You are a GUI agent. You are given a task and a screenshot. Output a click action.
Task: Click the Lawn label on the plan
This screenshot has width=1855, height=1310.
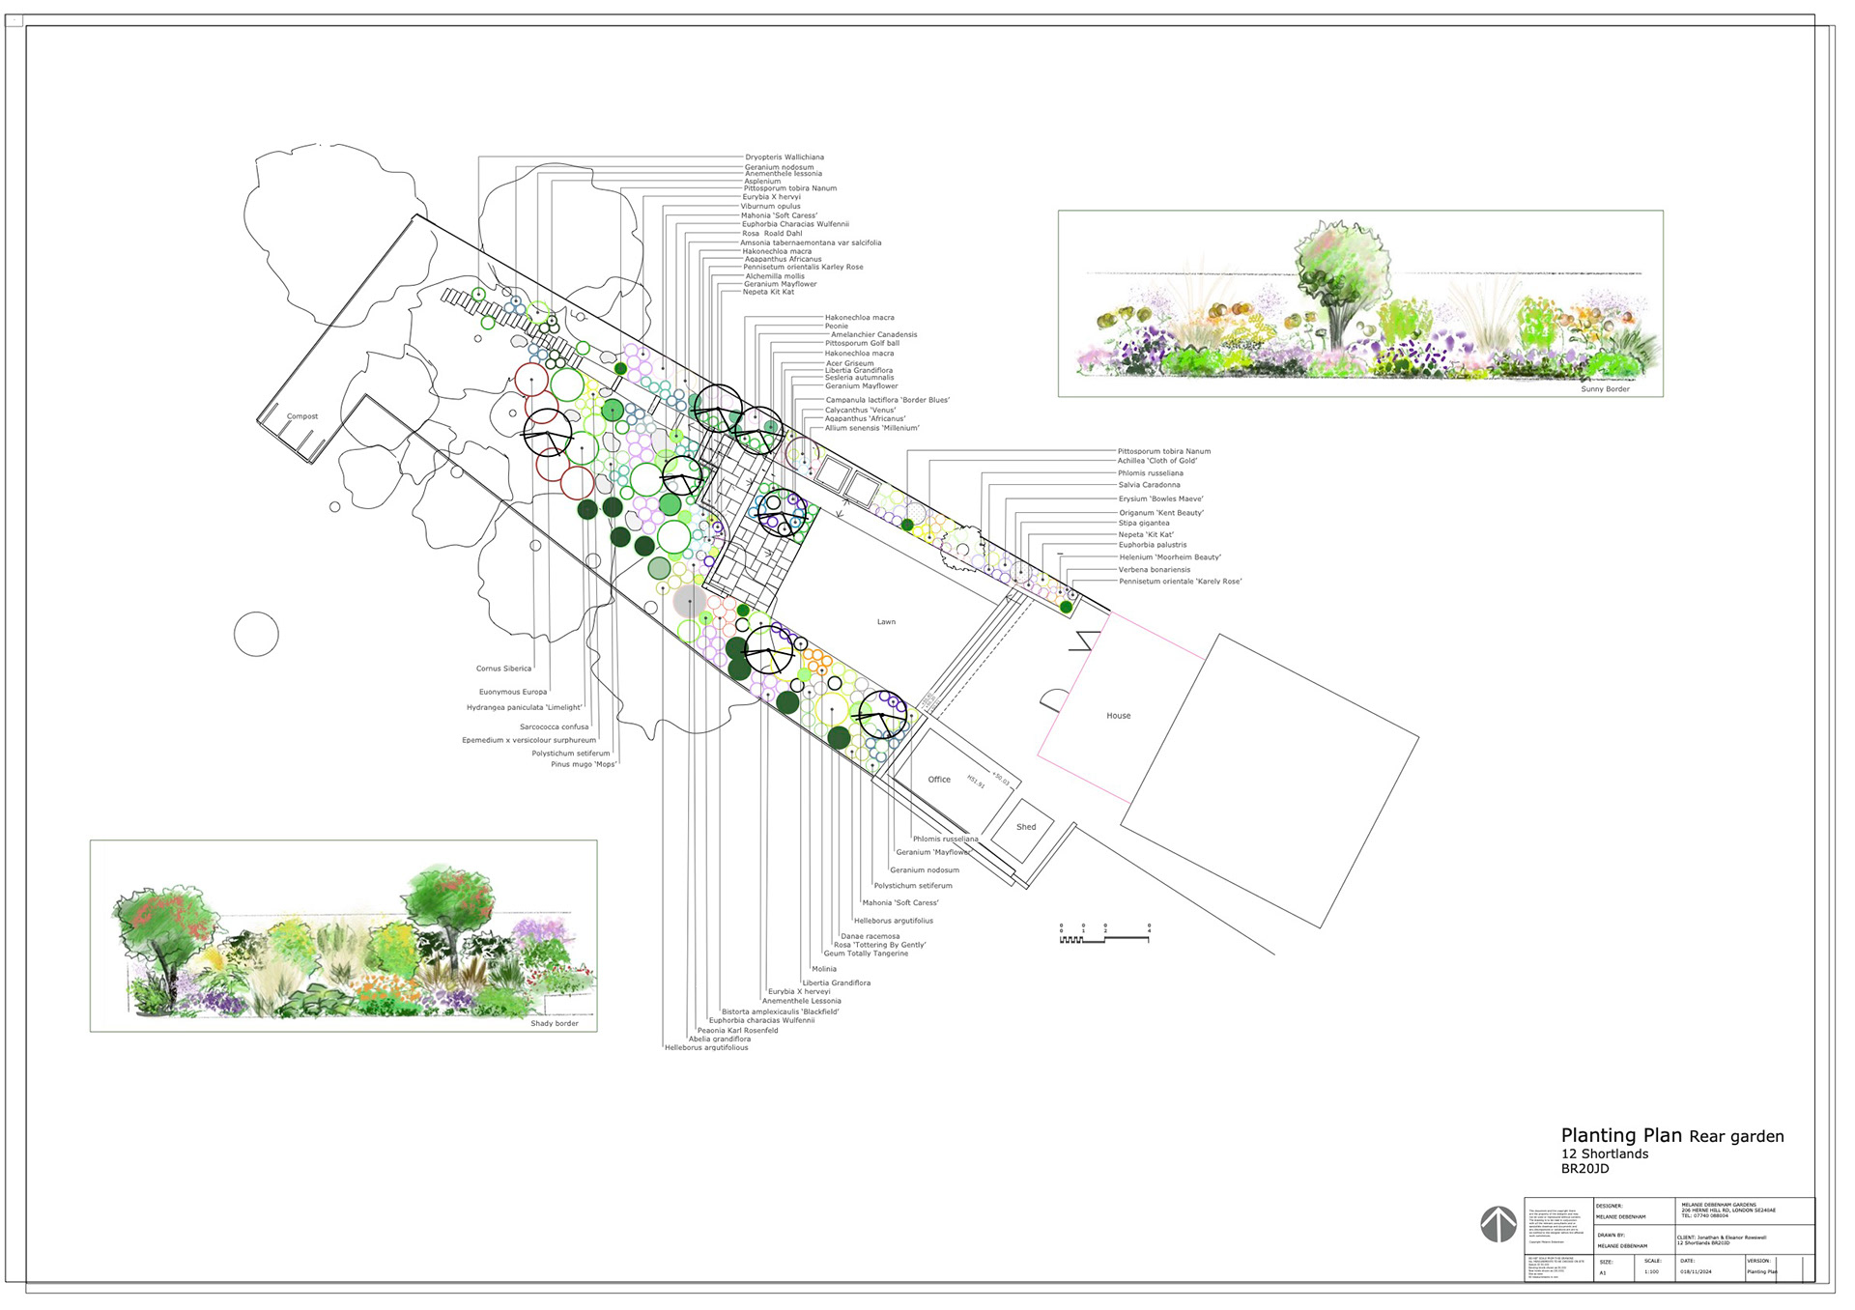[x=886, y=622]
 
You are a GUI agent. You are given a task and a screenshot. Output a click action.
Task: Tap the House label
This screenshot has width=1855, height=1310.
[x=1118, y=716]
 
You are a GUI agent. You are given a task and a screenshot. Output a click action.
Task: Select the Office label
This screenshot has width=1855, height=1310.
[x=939, y=780]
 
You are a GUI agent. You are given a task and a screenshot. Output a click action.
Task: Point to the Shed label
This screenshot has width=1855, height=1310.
[x=1026, y=827]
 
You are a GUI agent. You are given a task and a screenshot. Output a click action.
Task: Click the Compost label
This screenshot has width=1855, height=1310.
[x=302, y=416]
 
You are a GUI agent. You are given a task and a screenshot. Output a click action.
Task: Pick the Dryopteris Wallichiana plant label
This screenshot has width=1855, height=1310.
[x=785, y=157]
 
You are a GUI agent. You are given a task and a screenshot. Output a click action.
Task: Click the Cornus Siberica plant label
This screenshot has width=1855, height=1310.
[x=503, y=669]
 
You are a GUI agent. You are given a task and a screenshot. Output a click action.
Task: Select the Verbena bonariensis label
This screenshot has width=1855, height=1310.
[x=1155, y=570]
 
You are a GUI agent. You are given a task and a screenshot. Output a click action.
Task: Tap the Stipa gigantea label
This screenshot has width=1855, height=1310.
[x=1144, y=524]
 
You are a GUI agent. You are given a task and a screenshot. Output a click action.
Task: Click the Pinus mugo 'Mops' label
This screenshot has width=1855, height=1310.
[x=584, y=764]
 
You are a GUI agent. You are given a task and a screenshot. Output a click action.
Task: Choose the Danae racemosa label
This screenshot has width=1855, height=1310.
[x=870, y=936]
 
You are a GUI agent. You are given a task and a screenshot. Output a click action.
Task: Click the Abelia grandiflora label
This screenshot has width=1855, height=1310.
[x=720, y=1039]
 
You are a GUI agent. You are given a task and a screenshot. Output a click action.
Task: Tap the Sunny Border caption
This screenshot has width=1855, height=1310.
[x=1605, y=389]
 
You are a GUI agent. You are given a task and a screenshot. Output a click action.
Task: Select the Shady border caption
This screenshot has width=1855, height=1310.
[x=555, y=1023]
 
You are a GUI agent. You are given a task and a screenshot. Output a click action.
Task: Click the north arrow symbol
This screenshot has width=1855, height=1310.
[x=1498, y=1224]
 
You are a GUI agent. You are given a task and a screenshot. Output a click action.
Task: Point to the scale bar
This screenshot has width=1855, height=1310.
[x=1104, y=933]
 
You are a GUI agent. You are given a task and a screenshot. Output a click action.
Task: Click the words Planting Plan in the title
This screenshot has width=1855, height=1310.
[x=1621, y=1136]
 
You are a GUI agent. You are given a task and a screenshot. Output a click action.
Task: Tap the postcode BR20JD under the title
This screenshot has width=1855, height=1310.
[x=1585, y=1169]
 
